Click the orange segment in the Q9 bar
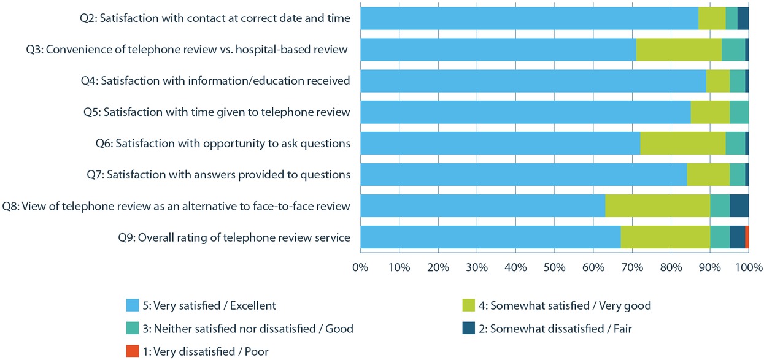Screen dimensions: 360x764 pos(746,237)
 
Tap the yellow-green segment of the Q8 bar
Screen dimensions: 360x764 pos(657,206)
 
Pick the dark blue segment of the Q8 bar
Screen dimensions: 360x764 pos(739,206)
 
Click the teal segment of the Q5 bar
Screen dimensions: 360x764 pos(739,112)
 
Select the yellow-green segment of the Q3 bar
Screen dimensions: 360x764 pos(679,50)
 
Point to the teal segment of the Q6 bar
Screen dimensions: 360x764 pos(735,144)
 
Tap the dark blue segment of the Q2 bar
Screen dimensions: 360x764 pos(743,18)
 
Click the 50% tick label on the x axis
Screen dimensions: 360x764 pos(554,267)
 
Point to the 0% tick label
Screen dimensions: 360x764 pos(360,267)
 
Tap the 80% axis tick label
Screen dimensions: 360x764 pos(671,267)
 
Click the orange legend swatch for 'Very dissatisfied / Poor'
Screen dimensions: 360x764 pos(132,351)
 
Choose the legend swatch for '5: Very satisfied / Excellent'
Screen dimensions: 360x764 pos(132,305)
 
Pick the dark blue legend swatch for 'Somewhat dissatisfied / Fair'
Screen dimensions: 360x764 pos(468,329)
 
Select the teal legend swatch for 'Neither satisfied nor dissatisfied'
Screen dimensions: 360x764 pos(132,329)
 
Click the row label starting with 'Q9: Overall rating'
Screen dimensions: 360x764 pos(234,237)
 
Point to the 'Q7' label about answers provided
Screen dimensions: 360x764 pos(218,175)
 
